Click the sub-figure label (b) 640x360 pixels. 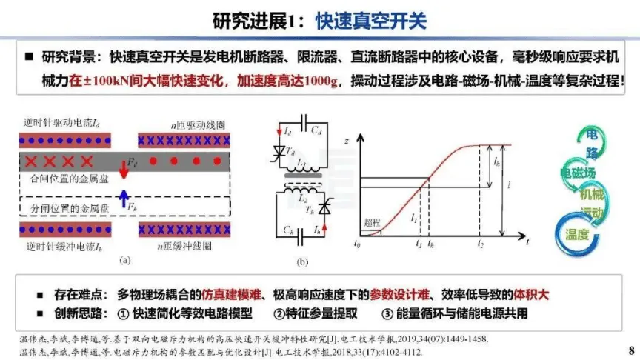pos(302,261)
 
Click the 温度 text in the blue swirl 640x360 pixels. pos(577,235)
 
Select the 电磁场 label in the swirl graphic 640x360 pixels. pos(579,173)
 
